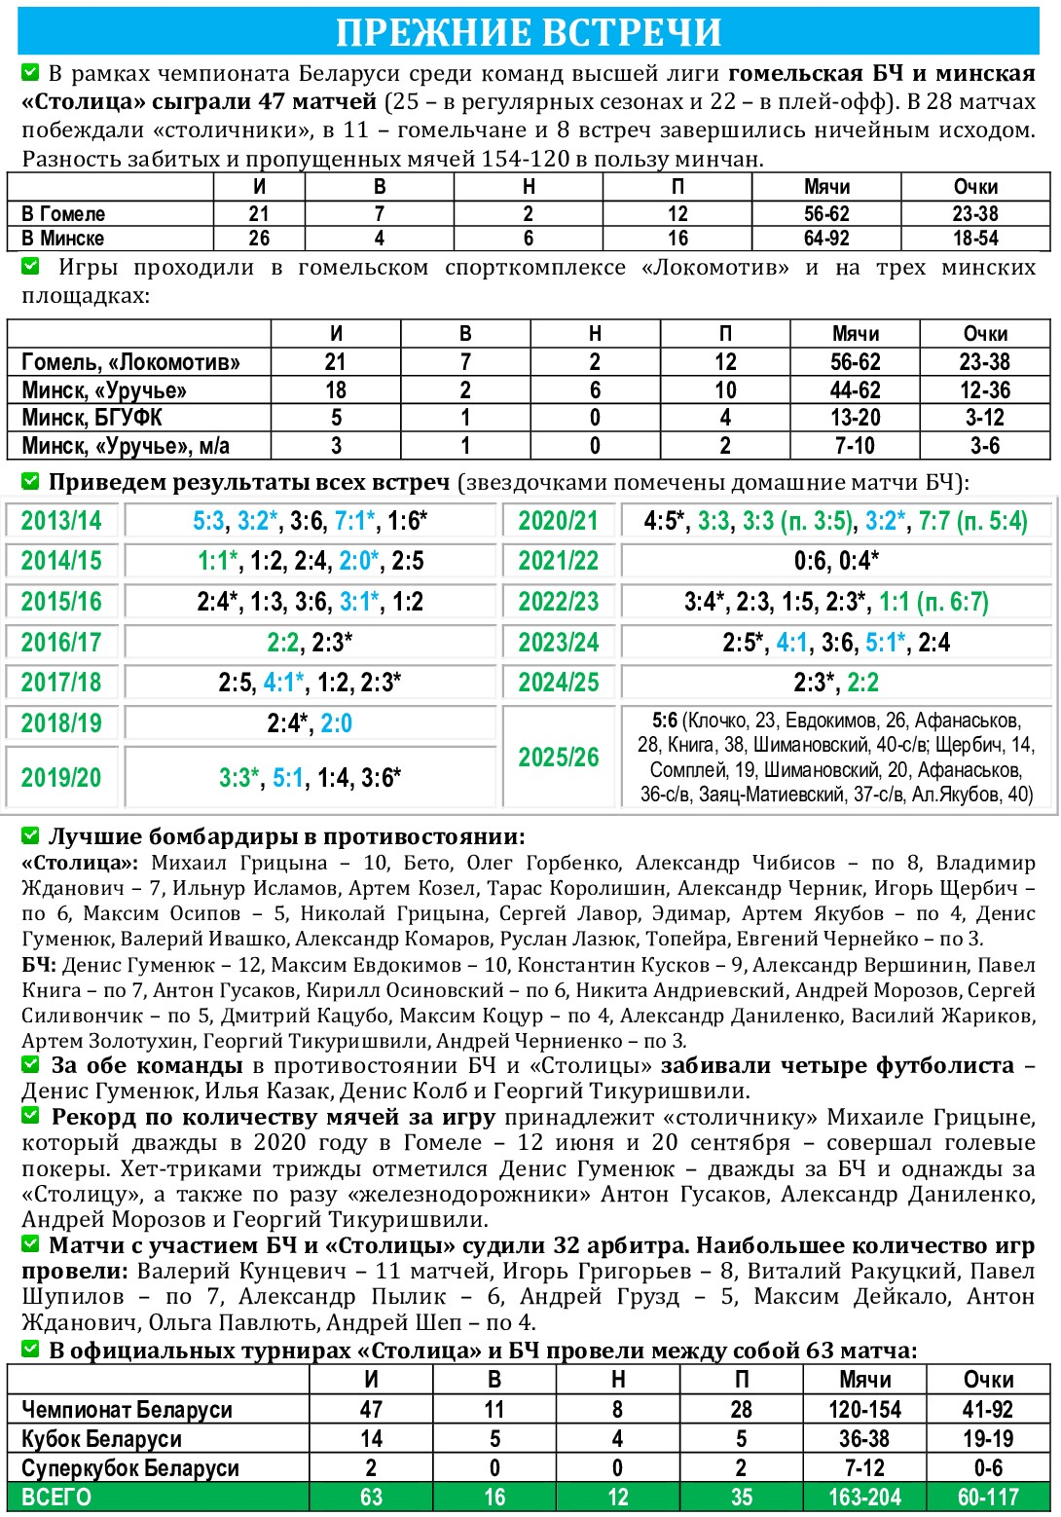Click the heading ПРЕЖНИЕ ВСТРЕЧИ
(529, 32)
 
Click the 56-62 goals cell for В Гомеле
(826, 214)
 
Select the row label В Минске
(63, 239)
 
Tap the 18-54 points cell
(975, 239)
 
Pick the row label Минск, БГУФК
(91, 418)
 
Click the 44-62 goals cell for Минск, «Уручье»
(856, 390)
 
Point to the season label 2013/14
(61, 521)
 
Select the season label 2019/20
(61, 778)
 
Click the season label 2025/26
(559, 758)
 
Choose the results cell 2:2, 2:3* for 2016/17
(310, 643)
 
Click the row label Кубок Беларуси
(101, 1439)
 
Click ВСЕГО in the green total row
(56, 1498)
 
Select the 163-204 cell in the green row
(864, 1498)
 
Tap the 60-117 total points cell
(988, 1498)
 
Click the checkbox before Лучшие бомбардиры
(30, 835)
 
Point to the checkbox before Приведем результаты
(30, 481)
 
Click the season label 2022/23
(559, 602)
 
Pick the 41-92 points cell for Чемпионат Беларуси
(988, 1410)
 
